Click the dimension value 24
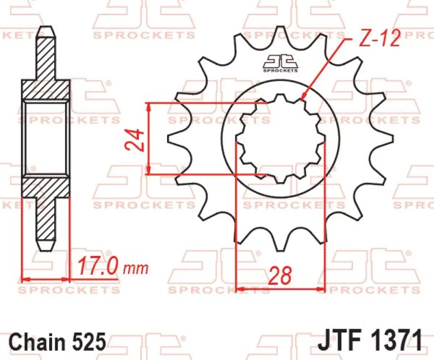[135, 140]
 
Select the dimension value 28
[280, 276]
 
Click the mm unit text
[136, 268]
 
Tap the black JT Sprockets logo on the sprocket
[280, 63]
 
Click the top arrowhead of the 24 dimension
[148, 106]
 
